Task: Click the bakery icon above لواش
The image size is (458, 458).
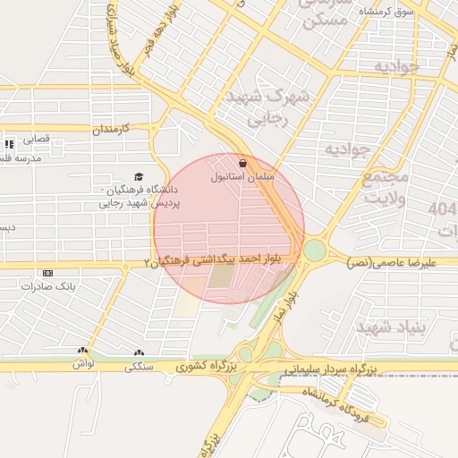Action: [x=83, y=352]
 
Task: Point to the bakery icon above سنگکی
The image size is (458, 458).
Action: [x=138, y=352]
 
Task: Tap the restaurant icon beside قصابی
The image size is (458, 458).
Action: [x=9, y=143]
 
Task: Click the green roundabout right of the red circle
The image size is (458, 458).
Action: [x=315, y=250]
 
